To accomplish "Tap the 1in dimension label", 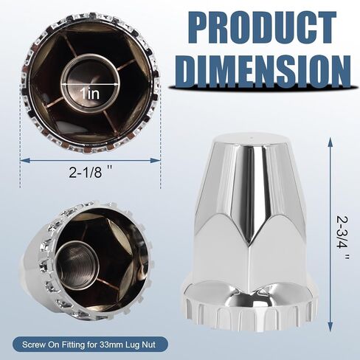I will point(90,94).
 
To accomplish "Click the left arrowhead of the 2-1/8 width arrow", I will point(22,158).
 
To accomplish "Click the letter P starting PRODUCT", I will point(185,28).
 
